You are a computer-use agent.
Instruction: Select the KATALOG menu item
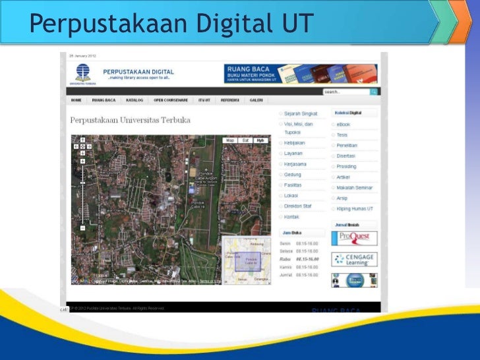(135, 100)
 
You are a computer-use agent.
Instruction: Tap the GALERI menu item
(256, 100)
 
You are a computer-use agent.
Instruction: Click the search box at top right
(346, 92)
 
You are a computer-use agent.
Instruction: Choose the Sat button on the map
(245, 140)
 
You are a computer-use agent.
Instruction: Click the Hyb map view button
(260, 140)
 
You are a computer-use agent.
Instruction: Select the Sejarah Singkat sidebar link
(301, 113)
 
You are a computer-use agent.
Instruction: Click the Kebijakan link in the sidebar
(295, 143)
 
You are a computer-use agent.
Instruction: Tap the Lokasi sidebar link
(291, 196)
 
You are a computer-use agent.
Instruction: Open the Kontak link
(292, 216)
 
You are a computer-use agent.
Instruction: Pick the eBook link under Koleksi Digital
(344, 124)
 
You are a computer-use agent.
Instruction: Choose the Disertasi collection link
(347, 156)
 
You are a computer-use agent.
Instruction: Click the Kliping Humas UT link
(355, 208)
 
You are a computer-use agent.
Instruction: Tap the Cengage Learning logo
(355, 258)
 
